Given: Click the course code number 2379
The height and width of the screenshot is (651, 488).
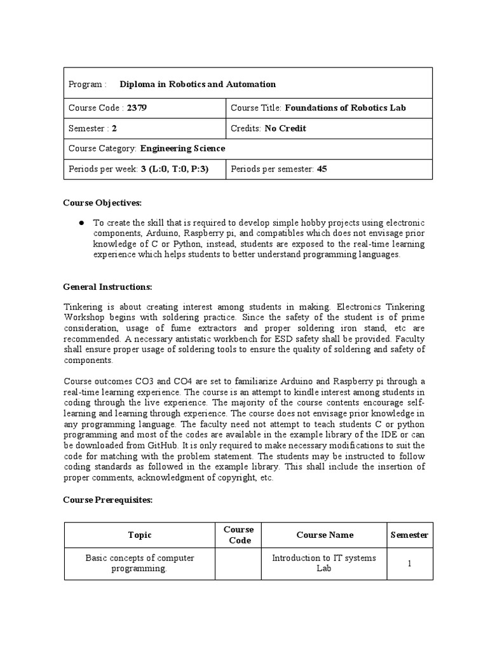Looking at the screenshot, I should [137, 108].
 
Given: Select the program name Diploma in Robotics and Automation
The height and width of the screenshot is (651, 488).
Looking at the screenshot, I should [198, 84].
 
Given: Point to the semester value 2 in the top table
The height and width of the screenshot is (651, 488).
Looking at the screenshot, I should [114, 128].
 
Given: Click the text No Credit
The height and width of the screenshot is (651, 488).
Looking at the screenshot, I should [285, 128].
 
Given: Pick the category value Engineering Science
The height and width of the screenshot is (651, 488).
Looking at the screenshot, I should [182, 149].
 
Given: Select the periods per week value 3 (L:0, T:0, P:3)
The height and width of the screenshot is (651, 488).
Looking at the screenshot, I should [175, 169].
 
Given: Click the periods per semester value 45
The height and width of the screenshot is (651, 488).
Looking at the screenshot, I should [322, 169].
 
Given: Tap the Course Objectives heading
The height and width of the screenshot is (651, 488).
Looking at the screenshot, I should [102, 203].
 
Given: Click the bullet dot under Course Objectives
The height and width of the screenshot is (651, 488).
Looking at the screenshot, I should [82, 223].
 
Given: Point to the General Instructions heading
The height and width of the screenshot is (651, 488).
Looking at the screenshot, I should [107, 287].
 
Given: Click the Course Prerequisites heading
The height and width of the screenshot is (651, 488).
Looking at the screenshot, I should [107, 500].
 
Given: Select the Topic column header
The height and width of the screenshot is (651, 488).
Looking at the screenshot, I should [140, 535].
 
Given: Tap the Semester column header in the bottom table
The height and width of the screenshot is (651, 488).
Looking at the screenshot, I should [409, 535].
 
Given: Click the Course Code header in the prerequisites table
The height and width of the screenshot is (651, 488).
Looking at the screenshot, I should [239, 535].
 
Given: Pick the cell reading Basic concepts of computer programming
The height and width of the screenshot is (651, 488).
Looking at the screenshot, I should [140, 563].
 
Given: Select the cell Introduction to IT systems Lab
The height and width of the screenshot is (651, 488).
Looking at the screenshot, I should [324, 563].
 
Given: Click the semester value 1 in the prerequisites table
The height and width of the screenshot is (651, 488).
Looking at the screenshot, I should [410, 563].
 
